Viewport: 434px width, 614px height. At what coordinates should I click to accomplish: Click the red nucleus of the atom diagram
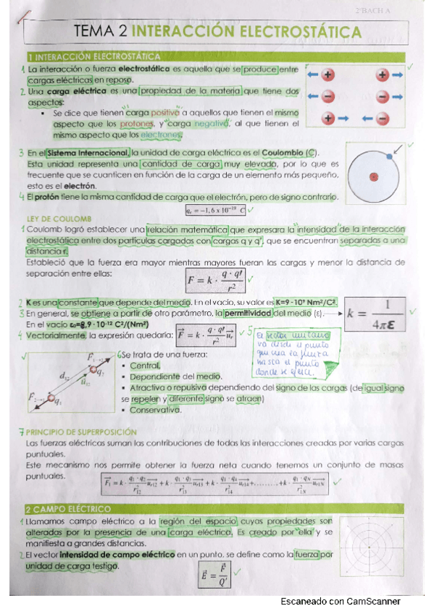coord(374,177)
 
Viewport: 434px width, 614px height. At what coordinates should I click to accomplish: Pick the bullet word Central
coord(145,366)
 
